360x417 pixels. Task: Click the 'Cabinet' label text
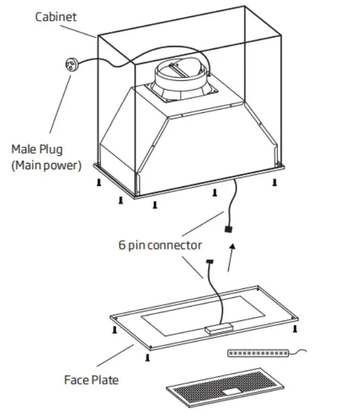pos(55,16)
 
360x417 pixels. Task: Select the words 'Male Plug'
pos(37,150)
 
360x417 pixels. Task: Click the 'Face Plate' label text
pos(91,379)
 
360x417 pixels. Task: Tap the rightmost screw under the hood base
pos(274,182)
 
